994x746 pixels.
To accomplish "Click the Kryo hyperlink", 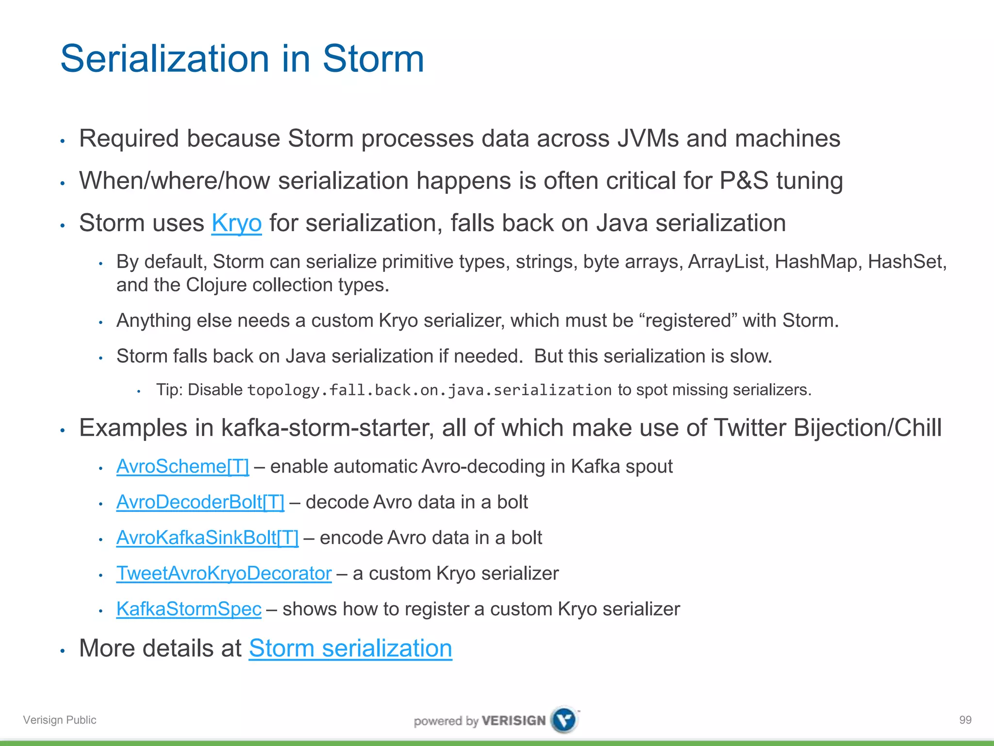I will tap(236, 223).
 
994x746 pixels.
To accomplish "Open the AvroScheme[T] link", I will tap(182, 467).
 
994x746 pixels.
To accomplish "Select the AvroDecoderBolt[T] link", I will tap(200, 502).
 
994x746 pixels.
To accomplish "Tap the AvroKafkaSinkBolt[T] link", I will tap(207, 538).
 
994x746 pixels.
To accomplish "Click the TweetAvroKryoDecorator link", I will tap(224, 574).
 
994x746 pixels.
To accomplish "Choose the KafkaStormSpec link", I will tap(189, 609).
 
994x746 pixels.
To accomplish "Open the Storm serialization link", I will tap(350, 648).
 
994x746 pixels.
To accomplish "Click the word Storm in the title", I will tap(373, 59).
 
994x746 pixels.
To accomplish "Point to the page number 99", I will tap(965, 720).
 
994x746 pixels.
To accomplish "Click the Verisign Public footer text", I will tap(60, 720).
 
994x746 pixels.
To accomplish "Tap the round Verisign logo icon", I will tap(564, 719).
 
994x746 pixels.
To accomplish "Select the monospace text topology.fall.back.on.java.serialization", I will tap(429, 390).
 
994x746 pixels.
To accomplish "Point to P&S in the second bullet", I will tap(744, 181).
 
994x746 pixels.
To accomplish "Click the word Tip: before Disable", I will tap(169, 390).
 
